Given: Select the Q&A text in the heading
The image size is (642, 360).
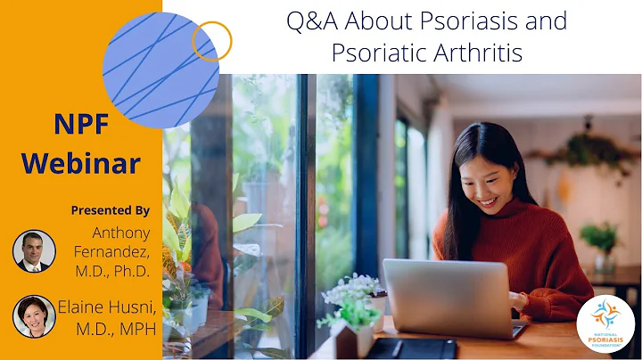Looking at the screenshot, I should point(314,20).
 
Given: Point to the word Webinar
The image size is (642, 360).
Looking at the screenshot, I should point(81,163).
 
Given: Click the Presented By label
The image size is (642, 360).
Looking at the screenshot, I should point(111,210).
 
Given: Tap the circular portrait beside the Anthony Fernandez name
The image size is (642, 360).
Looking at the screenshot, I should point(34,250).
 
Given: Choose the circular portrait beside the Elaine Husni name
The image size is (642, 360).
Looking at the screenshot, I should point(34,315).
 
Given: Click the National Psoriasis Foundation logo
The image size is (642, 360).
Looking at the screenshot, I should point(605,324).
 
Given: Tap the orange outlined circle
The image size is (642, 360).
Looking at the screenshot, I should point(211,41).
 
